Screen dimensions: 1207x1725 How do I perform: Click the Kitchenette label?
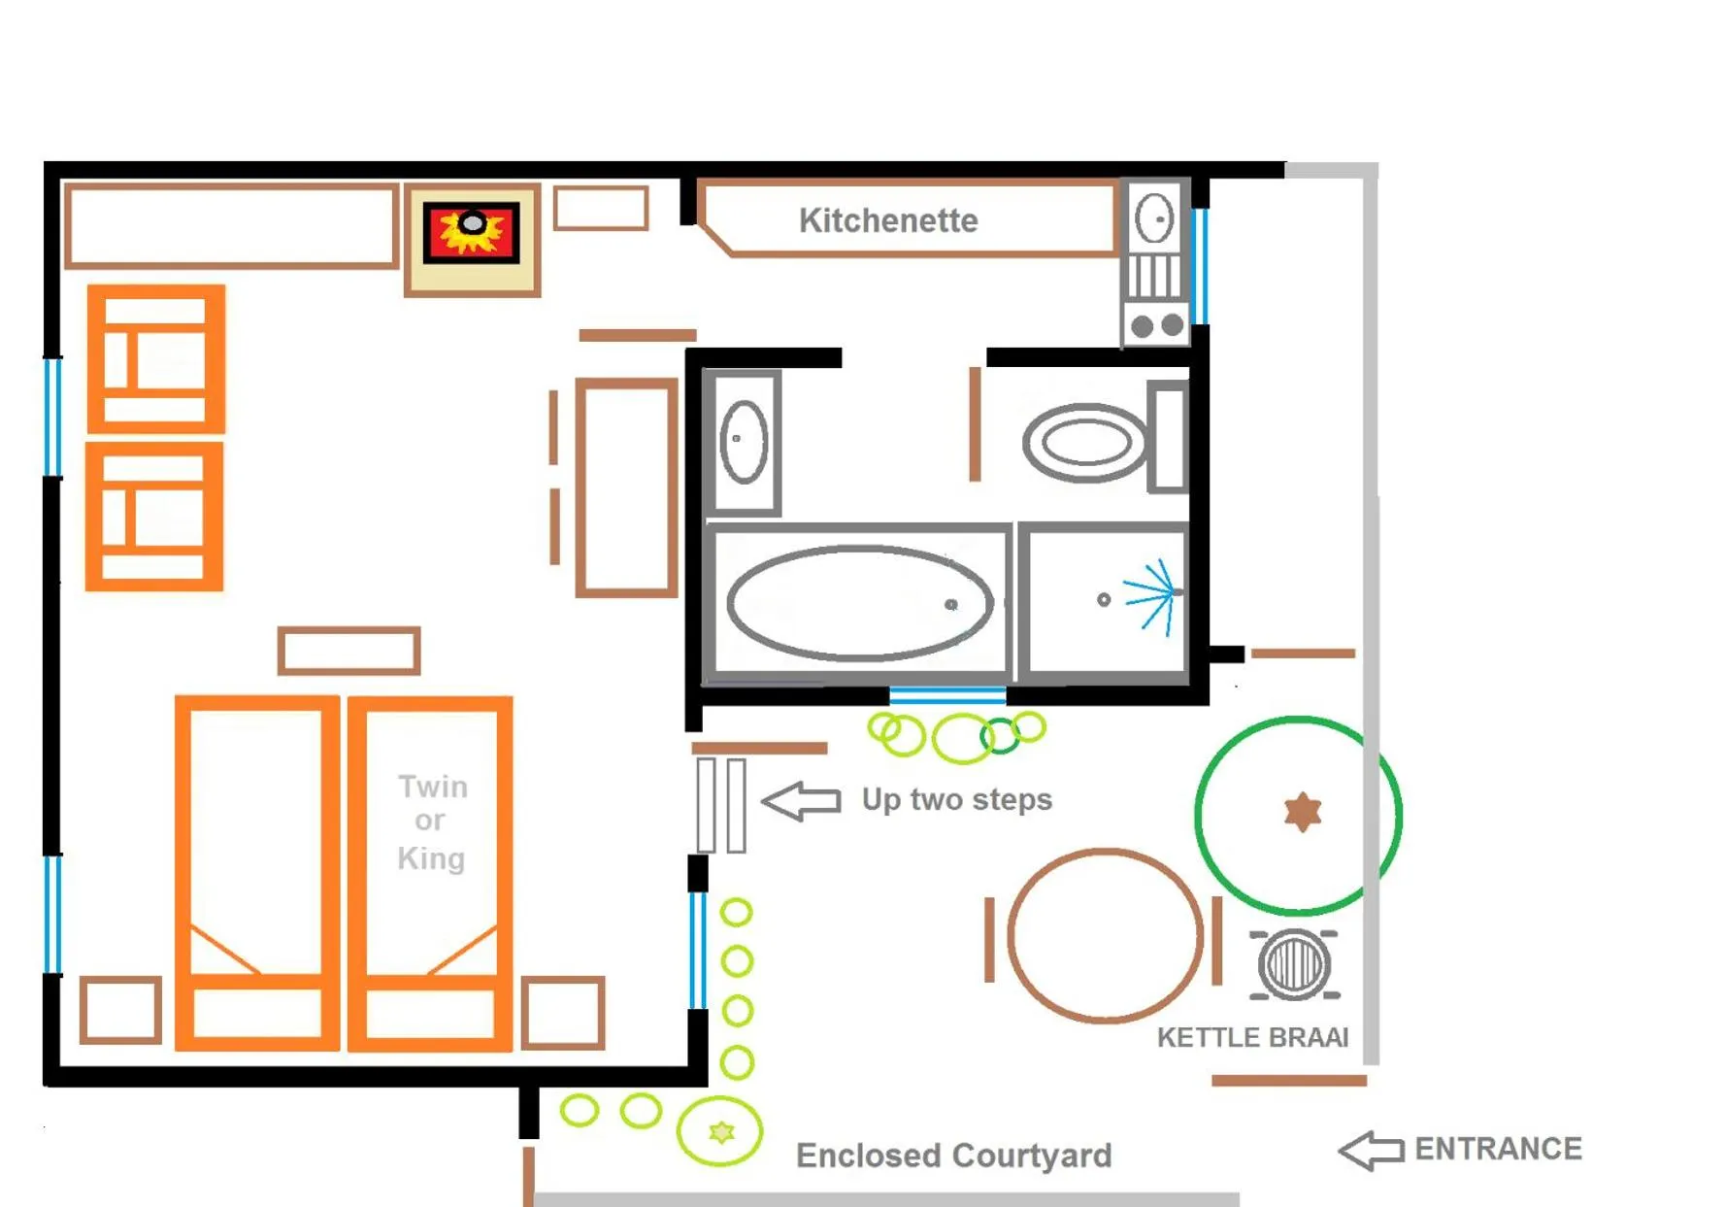point(887,220)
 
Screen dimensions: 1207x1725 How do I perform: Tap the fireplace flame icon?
point(472,232)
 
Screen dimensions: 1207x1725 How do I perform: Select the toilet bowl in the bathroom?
point(1085,443)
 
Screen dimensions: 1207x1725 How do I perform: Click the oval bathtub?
point(859,603)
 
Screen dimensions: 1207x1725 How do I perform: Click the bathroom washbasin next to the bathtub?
point(744,442)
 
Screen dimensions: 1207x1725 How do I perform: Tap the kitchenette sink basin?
point(1155,218)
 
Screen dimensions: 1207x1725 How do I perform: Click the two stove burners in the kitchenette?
point(1157,325)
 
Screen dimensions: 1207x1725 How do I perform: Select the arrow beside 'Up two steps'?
point(802,800)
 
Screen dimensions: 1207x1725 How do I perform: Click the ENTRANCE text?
point(1498,1149)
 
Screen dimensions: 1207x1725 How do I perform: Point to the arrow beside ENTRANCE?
point(1371,1151)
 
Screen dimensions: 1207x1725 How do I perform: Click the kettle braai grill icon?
point(1294,964)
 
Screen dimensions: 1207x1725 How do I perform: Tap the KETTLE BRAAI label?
point(1252,1037)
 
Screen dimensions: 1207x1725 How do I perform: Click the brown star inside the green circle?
point(1302,812)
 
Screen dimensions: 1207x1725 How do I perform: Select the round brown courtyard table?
point(1105,935)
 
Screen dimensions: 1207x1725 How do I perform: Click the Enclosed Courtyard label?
point(953,1156)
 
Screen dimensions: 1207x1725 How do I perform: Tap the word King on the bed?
point(431,858)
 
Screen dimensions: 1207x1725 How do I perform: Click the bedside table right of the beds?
point(563,1013)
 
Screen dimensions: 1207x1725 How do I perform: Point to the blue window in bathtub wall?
point(947,695)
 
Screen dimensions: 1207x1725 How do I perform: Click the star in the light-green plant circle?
point(721,1131)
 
